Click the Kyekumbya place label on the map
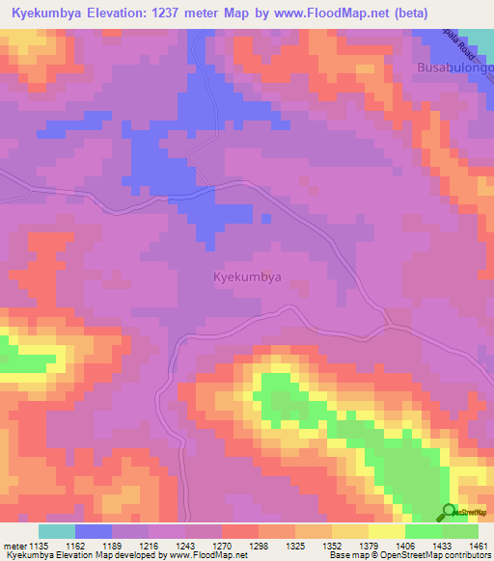246,277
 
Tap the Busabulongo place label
453,68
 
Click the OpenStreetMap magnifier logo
448,512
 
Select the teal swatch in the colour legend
57,531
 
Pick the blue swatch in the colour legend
94,531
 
